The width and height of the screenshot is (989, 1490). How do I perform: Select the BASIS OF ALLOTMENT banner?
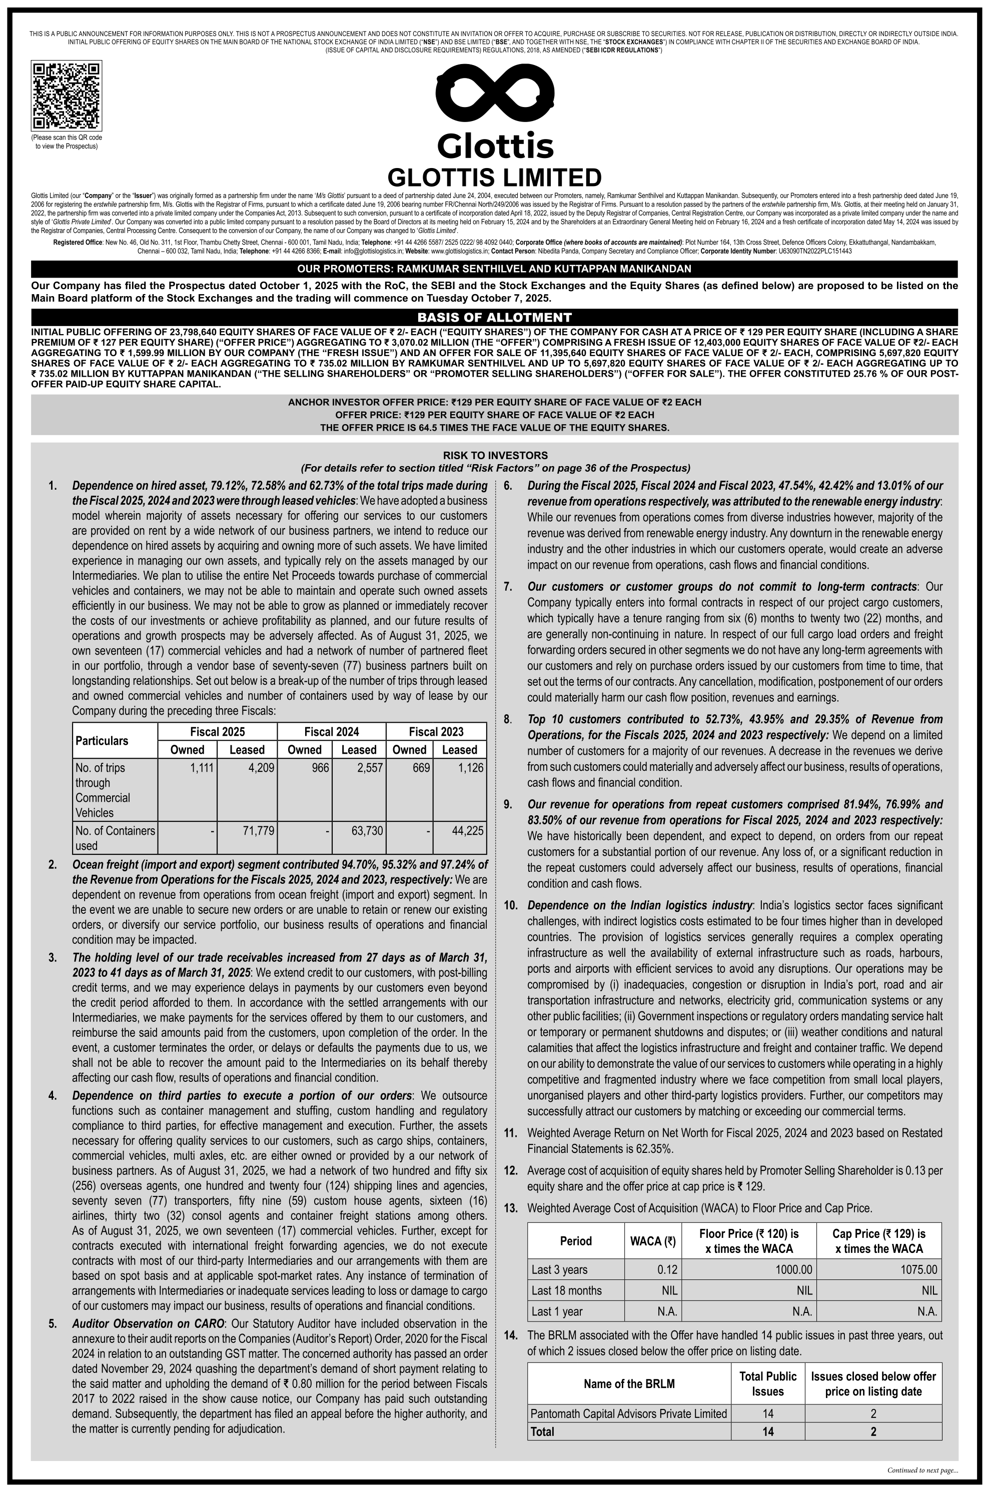494,317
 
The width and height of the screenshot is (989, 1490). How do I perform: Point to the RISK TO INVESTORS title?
494,455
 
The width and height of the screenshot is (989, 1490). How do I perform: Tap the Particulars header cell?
102,741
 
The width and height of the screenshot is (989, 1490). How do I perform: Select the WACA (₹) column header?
653,1241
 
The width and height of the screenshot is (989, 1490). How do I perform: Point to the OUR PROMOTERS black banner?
494,269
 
